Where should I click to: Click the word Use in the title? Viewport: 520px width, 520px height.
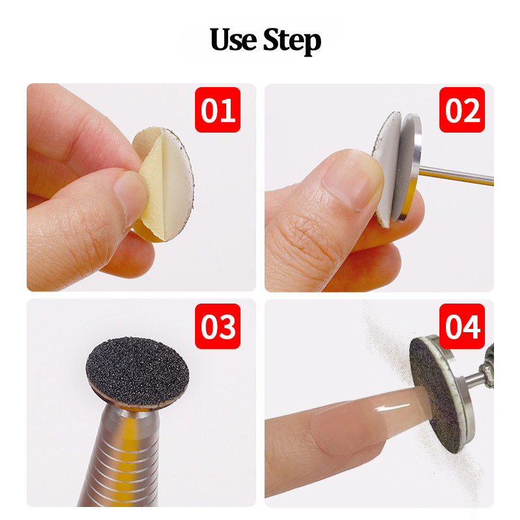point(234,40)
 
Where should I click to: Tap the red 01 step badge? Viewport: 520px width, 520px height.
point(218,110)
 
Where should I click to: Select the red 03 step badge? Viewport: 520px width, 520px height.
point(218,326)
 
